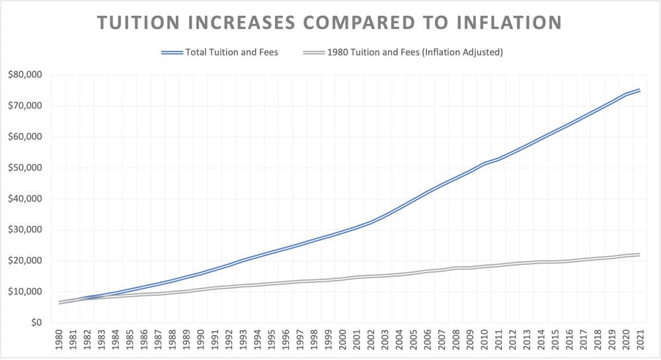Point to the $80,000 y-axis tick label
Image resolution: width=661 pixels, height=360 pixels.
pyautogui.click(x=25, y=75)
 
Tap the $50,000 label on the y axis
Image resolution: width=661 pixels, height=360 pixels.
pyautogui.click(x=25, y=168)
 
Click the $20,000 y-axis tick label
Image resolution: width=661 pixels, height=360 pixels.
pyautogui.click(x=25, y=261)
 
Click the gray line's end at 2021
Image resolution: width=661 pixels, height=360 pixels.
pyautogui.click(x=639, y=254)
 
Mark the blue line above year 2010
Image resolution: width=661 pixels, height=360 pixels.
pyautogui.click(x=484, y=162)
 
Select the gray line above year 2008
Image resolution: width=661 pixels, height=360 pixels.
pyautogui.click(x=455, y=268)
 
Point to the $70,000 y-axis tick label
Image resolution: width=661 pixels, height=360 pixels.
pyautogui.click(x=25, y=106)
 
